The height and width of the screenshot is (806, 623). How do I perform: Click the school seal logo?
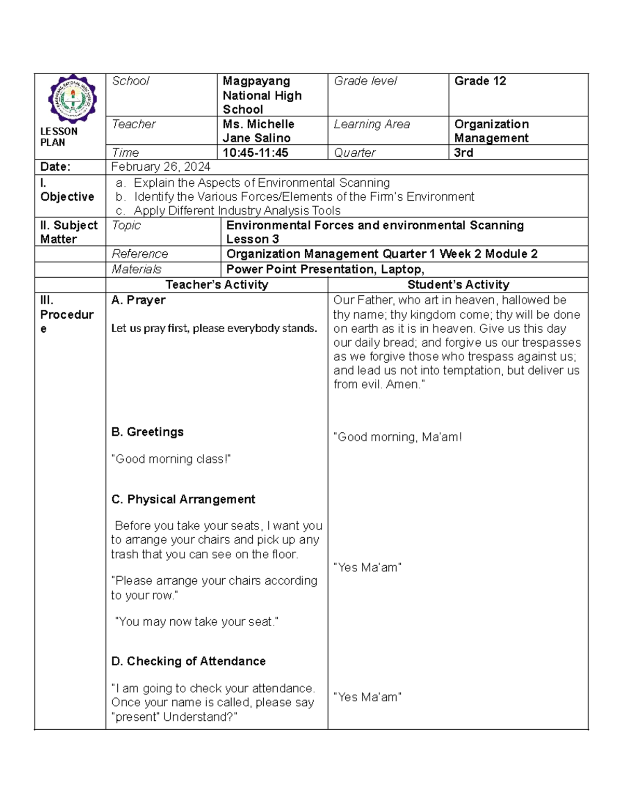tap(72, 99)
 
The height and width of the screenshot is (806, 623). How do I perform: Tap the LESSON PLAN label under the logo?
tap(59, 137)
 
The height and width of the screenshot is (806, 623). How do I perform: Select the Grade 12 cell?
tap(480, 81)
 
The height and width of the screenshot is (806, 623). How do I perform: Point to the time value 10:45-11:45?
tap(255, 153)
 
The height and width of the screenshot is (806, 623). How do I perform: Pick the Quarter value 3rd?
tap(464, 153)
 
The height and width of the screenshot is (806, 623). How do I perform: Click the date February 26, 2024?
tap(160, 167)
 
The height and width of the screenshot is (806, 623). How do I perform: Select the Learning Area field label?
tap(372, 125)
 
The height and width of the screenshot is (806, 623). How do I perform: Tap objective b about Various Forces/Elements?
tap(304, 197)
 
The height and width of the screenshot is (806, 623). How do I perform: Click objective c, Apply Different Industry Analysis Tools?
tap(237, 211)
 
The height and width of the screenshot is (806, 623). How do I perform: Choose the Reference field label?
tap(140, 254)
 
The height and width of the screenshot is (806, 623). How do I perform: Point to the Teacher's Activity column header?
tap(216, 284)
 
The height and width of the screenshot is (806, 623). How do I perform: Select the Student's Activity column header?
tap(458, 284)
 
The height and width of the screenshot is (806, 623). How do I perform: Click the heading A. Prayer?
tap(138, 300)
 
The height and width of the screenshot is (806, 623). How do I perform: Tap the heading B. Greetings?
tap(147, 432)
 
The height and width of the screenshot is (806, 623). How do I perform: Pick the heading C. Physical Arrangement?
tap(183, 499)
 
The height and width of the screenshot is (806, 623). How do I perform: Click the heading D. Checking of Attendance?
tap(188, 661)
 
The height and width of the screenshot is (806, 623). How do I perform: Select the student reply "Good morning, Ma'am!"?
tap(397, 437)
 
